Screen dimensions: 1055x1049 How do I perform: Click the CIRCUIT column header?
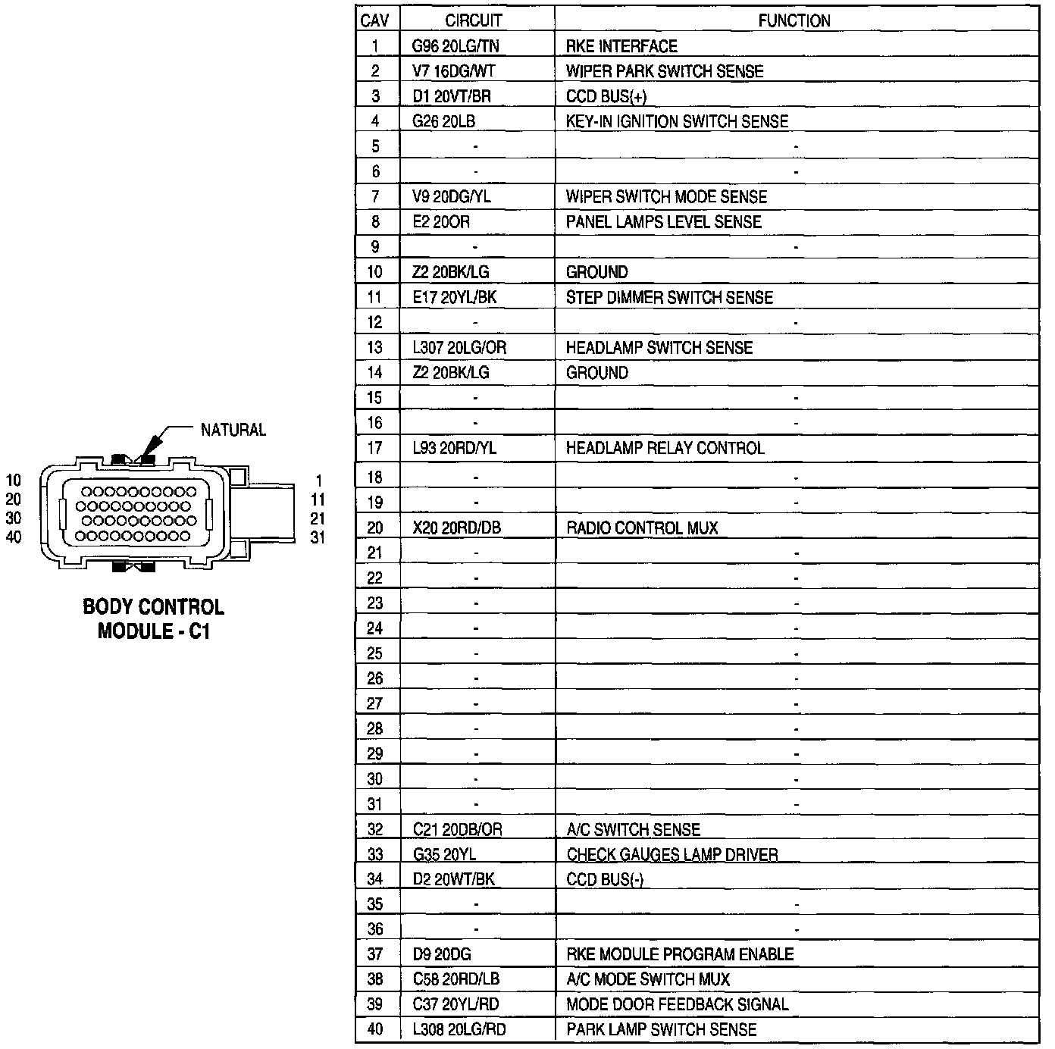[473, 20]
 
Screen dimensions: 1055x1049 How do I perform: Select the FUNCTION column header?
[794, 20]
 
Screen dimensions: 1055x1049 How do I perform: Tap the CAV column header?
[375, 20]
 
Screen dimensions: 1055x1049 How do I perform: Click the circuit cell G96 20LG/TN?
[455, 46]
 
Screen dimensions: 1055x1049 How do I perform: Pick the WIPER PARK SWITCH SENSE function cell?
[665, 71]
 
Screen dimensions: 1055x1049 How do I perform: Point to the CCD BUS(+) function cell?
[606, 96]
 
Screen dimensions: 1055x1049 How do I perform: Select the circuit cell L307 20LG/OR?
[459, 348]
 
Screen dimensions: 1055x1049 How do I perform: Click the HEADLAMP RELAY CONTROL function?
[665, 448]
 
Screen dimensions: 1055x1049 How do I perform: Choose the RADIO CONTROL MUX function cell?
[642, 528]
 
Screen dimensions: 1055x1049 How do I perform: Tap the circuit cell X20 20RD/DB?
[457, 528]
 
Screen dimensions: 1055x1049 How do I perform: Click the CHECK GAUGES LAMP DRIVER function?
[672, 854]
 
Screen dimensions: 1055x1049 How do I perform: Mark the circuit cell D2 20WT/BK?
[454, 879]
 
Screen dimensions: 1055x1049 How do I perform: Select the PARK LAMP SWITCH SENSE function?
[661, 1029]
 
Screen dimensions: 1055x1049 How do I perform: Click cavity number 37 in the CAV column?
[375, 954]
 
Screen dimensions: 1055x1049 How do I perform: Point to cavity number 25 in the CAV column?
[375, 653]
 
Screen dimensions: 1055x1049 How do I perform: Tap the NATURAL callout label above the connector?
[233, 430]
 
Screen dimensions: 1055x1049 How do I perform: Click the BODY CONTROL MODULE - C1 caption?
[153, 618]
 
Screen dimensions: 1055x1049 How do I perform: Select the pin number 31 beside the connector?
[318, 537]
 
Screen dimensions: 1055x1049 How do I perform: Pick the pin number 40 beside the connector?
[14, 537]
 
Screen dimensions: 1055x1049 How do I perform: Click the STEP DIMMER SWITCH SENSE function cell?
[669, 298]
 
